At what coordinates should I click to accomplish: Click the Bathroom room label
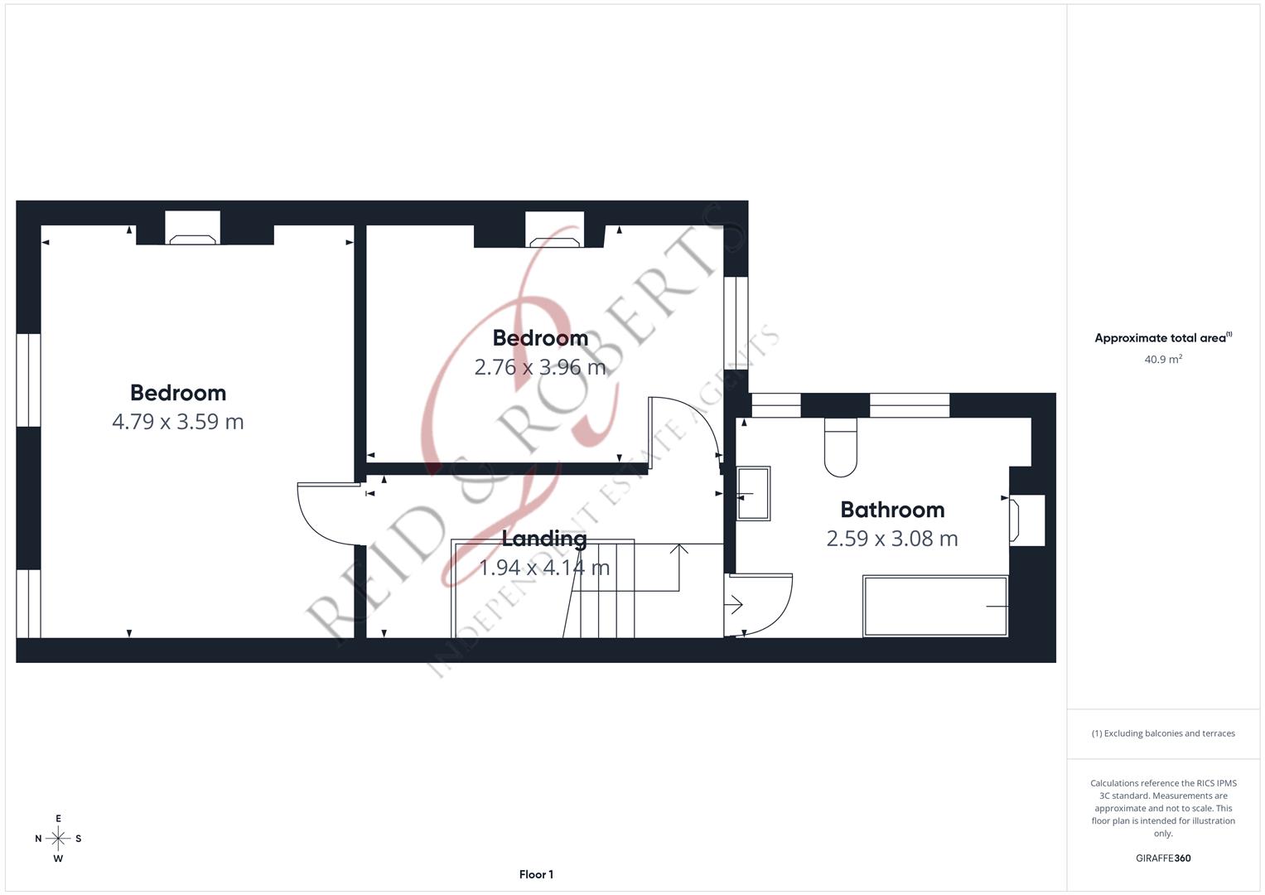click(892, 510)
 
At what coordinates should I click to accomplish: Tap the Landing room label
click(544, 539)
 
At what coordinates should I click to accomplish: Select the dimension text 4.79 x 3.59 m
click(177, 422)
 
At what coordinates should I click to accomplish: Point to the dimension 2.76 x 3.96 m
click(539, 367)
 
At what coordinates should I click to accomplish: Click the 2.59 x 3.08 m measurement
click(892, 539)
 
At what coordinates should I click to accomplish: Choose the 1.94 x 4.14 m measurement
click(544, 568)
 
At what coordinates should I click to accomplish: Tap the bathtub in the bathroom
click(935, 606)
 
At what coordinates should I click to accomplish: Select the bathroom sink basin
click(753, 494)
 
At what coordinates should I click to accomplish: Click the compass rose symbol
click(58, 839)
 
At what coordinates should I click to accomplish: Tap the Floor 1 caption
click(536, 874)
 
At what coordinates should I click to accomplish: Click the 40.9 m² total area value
click(1163, 360)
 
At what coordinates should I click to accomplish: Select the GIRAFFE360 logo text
click(1163, 859)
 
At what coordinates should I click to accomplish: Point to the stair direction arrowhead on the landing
click(679, 548)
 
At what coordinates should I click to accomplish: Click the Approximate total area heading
click(1162, 338)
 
